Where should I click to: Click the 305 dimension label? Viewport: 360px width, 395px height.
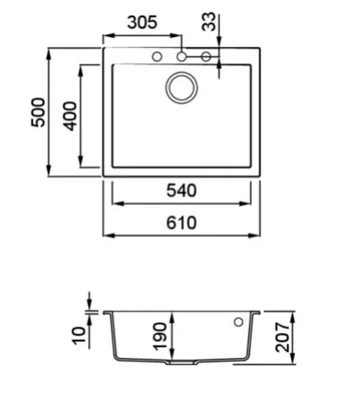click(142, 22)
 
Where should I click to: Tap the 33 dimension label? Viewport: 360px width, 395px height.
click(209, 21)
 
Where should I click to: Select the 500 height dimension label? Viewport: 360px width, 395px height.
click(38, 112)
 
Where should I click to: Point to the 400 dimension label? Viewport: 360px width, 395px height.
click(70, 116)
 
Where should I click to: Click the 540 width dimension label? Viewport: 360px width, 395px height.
click(182, 191)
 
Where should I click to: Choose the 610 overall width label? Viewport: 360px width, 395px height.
click(182, 223)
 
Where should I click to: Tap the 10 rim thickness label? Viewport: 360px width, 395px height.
click(79, 335)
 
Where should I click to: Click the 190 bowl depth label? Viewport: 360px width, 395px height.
click(160, 337)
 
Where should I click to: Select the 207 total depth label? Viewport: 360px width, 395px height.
click(283, 337)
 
